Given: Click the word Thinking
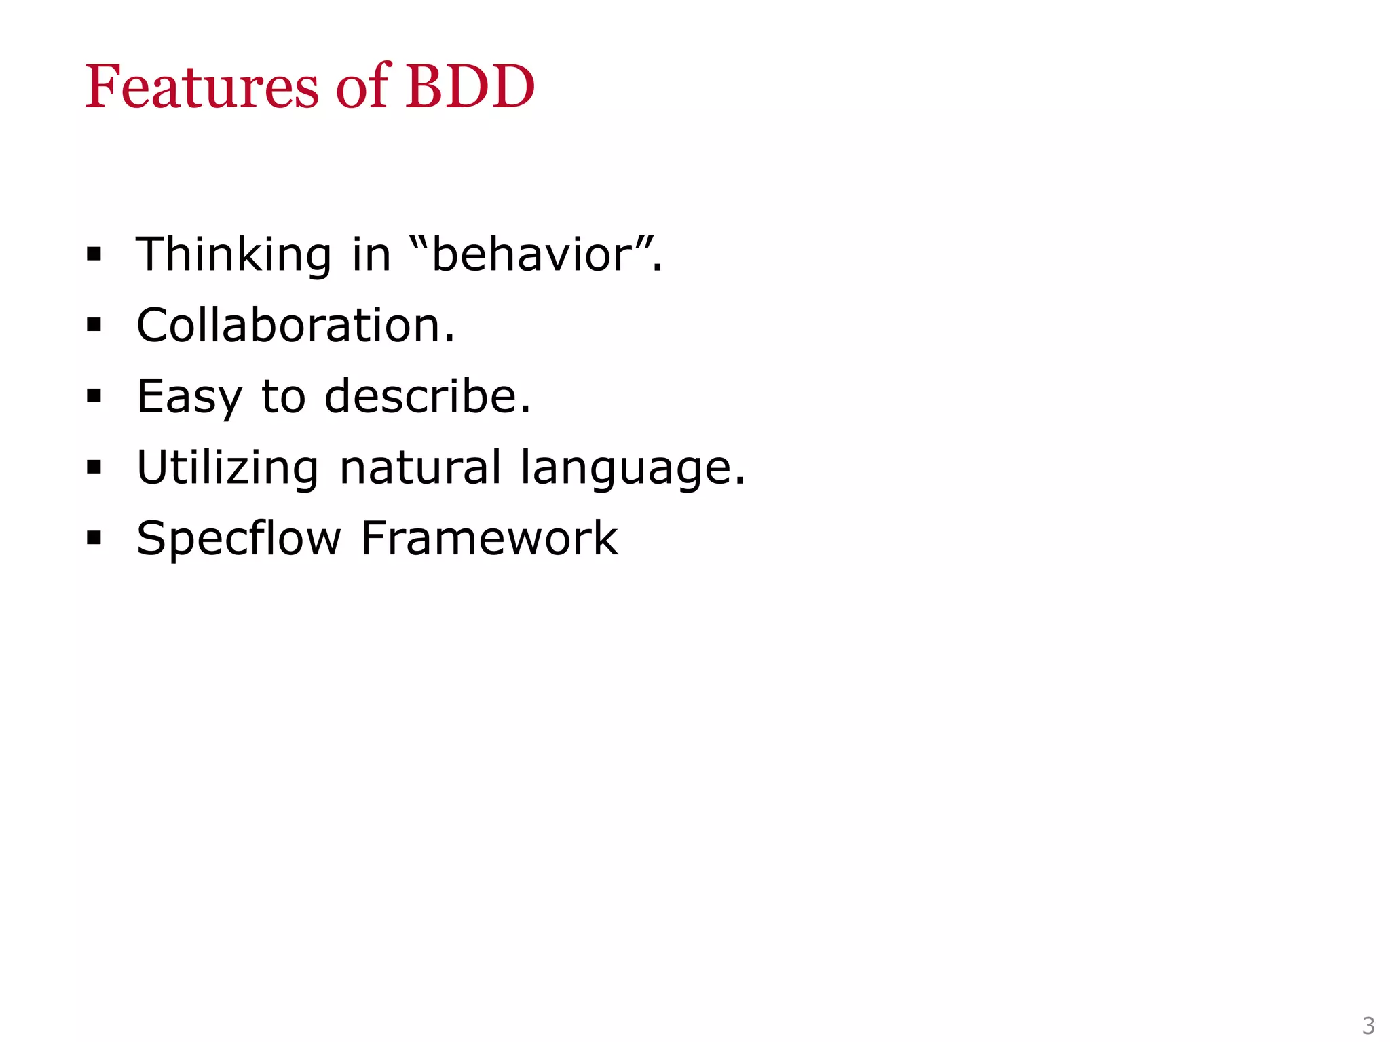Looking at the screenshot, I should pos(233,255).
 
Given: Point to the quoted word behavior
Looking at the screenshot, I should pos(533,255).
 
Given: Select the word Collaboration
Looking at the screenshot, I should pos(295,326).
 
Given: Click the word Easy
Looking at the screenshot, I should pos(189,397).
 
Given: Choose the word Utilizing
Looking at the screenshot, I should pos(227,468).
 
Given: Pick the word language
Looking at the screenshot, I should pos(633,469).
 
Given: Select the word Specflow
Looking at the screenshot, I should pos(238,539).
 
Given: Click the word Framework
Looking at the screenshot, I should pos(489,539).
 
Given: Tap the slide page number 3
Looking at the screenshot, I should pos(1368,1025).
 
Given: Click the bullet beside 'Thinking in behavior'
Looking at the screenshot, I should pos(94,255).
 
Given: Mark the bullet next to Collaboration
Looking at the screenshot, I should pos(94,326).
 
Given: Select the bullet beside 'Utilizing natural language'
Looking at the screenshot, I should pos(94,467).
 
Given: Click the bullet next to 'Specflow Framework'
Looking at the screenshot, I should pos(94,539).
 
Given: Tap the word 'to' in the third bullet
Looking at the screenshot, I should pos(284,397).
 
